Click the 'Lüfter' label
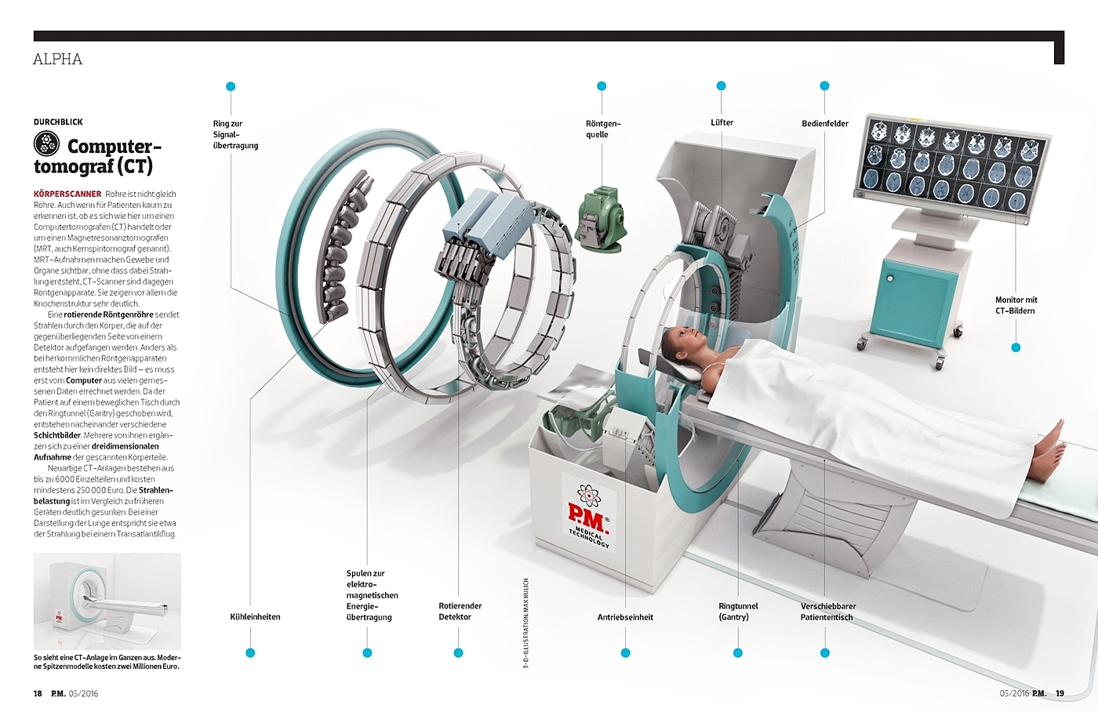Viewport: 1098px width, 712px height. pyautogui.click(x=722, y=122)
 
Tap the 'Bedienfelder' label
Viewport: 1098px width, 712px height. pyautogui.click(x=825, y=123)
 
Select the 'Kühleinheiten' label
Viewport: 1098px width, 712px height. pyautogui.click(x=256, y=617)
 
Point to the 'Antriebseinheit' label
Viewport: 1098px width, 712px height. pyautogui.click(x=625, y=617)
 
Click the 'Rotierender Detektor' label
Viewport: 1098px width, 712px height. pyautogui.click(x=460, y=612)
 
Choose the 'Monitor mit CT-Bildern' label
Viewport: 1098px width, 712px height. pyautogui.click(x=1016, y=305)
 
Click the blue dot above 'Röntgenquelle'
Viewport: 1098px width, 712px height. pyautogui.click(x=602, y=86)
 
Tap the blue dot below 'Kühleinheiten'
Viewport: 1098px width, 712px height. pyautogui.click(x=250, y=652)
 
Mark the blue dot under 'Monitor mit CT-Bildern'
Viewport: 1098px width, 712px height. pyautogui.click(x=1016, y=347)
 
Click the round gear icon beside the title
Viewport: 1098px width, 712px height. pyautogui.click(x=46, y=144)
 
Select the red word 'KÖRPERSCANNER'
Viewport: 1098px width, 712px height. pyautogui.click(x=67, y=194)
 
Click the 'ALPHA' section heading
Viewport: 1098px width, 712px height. pyautogui.click(x=57, y=60)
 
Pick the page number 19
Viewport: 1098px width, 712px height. pyautogui.click(x=1060, y=693)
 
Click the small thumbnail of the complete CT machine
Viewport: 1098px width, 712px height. pyautogui.click(x=107, y=601)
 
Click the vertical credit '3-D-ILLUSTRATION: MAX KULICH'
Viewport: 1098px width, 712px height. pyautogui.click(x=526, y=623)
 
